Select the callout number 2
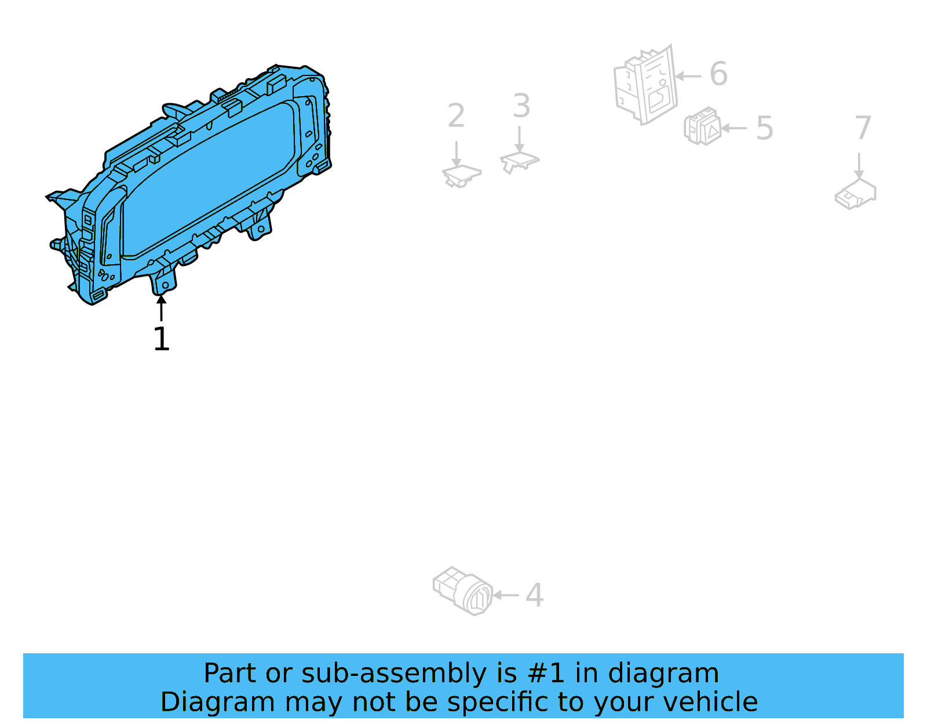pos(456,115)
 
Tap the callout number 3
pos(521,106)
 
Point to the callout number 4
pos(535,595)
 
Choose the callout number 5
pos(764,128)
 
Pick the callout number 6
pos(718,74)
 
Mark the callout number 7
pos(863,127)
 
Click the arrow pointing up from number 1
pos(161,308)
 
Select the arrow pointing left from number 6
pos(688,77)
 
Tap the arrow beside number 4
pos(505,595)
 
